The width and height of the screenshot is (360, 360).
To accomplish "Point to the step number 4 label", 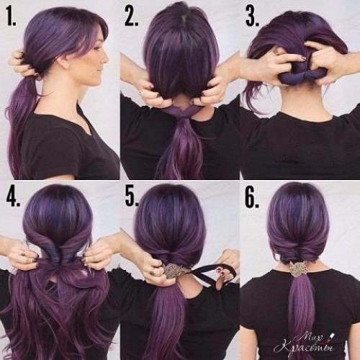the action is (13, 197).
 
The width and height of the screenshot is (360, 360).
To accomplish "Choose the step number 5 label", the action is (132, 197).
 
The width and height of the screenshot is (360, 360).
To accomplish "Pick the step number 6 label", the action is (252, 197).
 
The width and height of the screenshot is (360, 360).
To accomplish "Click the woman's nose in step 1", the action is (106, 59).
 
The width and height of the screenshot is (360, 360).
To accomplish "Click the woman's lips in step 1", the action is (102, 70).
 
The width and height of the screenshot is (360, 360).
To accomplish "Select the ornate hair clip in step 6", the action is (296, 269).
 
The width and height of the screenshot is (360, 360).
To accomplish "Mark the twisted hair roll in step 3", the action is (301, 77).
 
